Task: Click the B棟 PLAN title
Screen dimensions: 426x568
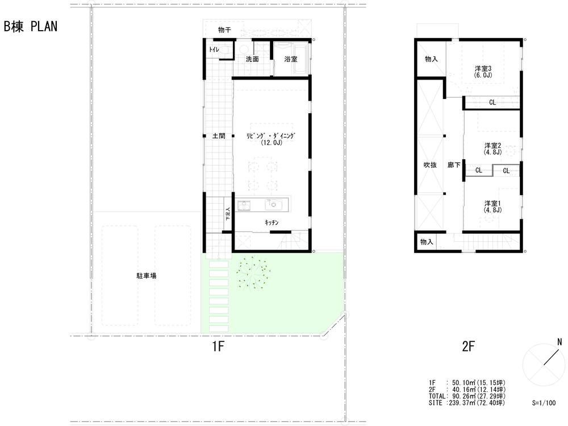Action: click(31, 27)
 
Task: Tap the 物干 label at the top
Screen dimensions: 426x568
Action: click(224, 30)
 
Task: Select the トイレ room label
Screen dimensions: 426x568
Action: click(214, 51)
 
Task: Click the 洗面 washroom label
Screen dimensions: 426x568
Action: click(252, 59)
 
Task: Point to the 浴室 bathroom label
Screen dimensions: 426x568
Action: click(290, 59)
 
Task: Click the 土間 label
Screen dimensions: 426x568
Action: click(219, 137)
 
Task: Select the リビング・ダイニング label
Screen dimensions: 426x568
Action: click(272, 136)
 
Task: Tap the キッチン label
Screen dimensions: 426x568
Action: click(271, 223)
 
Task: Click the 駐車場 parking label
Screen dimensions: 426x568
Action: click(146, 275)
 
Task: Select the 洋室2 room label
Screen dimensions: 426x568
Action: click(492, 145)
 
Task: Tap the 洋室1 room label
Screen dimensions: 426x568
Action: click(492, 203)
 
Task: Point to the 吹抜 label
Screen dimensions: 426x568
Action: click(430, 165)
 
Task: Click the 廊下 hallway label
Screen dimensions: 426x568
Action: click(453, 165)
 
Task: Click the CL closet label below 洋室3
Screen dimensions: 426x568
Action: click(492, 102)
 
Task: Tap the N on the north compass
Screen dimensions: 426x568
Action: click(559, 342)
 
